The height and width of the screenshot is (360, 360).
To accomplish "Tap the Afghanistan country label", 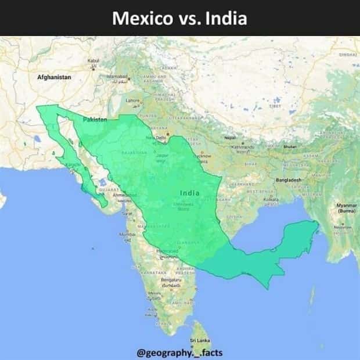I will coord(54,77).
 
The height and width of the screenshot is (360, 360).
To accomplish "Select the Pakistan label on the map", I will coord(95,119).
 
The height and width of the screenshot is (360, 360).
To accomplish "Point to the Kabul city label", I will coord(93,60).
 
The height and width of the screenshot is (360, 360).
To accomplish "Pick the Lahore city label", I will coord(133,100).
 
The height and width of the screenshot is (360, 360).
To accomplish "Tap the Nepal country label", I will coord(231,138).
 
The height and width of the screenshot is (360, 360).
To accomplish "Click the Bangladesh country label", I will coord(289,180).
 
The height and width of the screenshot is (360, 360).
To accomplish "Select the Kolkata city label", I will coord(271,199).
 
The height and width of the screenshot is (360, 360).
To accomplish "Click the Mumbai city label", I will coord(127,234).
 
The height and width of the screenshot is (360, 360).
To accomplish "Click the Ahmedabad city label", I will coord(125,196).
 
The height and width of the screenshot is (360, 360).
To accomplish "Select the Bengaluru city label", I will coord(170,280).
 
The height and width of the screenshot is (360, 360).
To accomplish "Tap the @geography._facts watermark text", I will coord(179,352).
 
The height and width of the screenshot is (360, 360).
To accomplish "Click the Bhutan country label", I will coord(289,146).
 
